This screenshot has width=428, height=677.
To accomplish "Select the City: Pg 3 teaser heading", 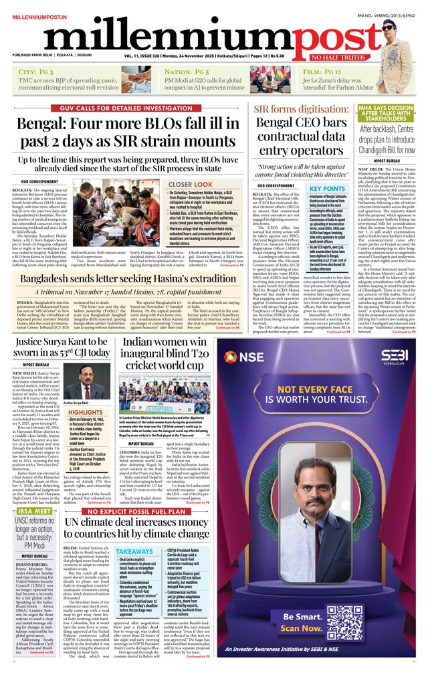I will click(37, 71).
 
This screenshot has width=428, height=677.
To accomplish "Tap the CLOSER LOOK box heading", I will click(191, 184).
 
